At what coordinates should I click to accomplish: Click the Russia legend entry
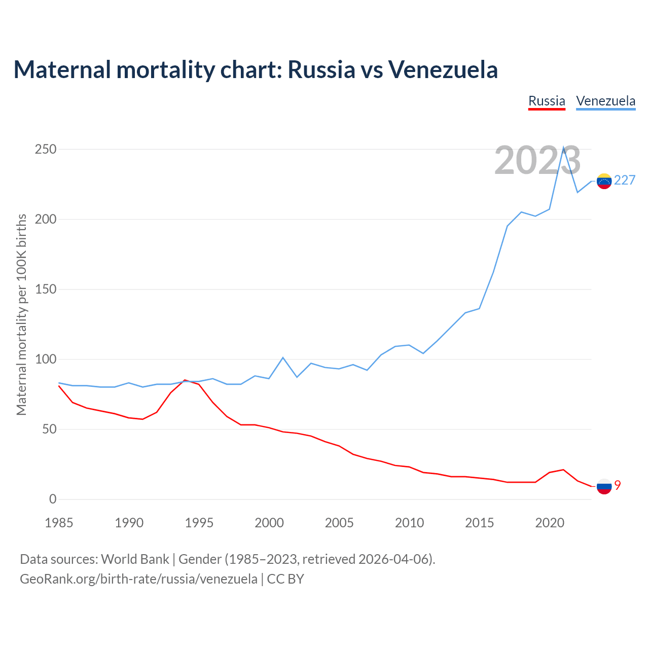tap(547, 101)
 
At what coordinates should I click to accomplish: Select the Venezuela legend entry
tap(605, 101)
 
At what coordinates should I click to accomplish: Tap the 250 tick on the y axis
tap(46, 150)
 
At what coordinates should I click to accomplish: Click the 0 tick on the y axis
tap(53, 499)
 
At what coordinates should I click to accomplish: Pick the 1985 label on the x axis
tap(59, 523)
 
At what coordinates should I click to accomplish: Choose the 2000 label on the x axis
tap(269, 523)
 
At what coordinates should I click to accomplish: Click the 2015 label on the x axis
tap(479, 523)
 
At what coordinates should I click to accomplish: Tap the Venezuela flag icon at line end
tap(604, 181)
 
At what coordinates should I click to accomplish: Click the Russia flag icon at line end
tap(604, 486)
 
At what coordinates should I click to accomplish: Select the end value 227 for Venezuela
tap(625, 181)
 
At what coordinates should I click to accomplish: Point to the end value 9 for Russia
tap(618, 485)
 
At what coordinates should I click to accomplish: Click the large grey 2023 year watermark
tap(537, 161)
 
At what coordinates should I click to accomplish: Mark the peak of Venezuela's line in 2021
tap(563, 148)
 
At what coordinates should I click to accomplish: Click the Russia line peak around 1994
tap(185, 380)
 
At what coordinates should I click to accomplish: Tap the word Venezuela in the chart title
tap(443, 69)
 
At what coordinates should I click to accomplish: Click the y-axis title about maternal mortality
tap(21, 314)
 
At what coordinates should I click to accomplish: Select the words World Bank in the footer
tap(135, 559)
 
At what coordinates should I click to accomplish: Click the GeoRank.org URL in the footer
tap(138, 579)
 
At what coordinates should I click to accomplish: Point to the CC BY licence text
tap(285, 579)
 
